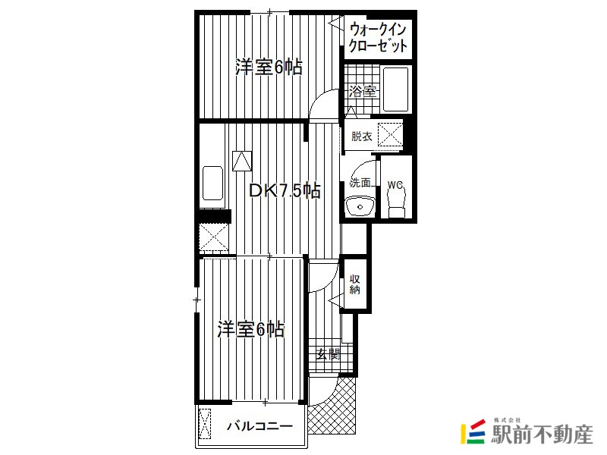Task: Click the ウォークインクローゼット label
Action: tap(378, 38)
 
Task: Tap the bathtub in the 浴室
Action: tap(395, 89)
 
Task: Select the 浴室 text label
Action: tap(363, 91)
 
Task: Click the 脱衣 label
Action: tap(362, 136)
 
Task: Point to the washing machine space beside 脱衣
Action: tap(390, 135)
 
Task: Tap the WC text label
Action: tap(395, 185)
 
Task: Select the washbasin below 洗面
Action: tap(360, 206)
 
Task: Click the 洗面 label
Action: tap(360, 182)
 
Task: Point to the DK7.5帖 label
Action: tap(285, 190)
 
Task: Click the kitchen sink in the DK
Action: tap(213, 184)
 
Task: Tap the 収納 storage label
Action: tap(354, 284)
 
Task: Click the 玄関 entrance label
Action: tap(328, 353)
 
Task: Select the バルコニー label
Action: tap(259, 426)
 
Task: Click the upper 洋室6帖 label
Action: tap(269, 67)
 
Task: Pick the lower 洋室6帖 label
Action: tap(251, 329)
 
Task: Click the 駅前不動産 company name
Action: tap(542, 435)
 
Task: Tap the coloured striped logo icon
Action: tap(473, 431)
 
